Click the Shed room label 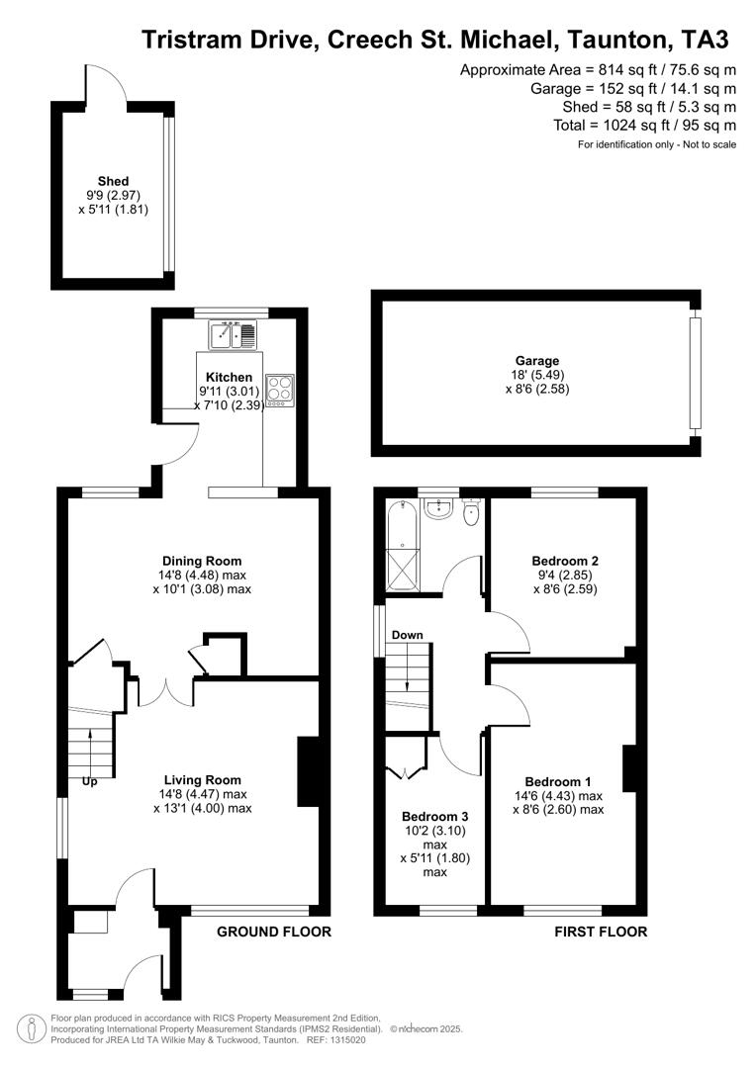tap(113, 181)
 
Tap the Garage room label tap(536, 361)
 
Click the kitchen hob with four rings tap(278, 387)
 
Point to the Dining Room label tap(202, 561)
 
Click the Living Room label tap(202, 779)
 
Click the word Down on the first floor tap(407, 635)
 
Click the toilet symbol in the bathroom tap(472, 511)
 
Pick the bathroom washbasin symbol tap(437, 508)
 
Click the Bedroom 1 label tap(558, 781)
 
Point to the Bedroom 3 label tap(435, 817)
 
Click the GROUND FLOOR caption tap(273, 932)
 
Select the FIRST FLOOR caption tap(601, 932)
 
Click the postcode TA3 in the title tap(704, 41)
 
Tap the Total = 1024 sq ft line tap(644, 126)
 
